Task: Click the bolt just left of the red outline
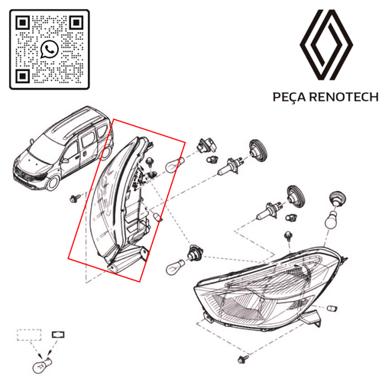73,198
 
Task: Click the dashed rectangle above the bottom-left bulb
29,334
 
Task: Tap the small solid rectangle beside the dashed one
57,334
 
